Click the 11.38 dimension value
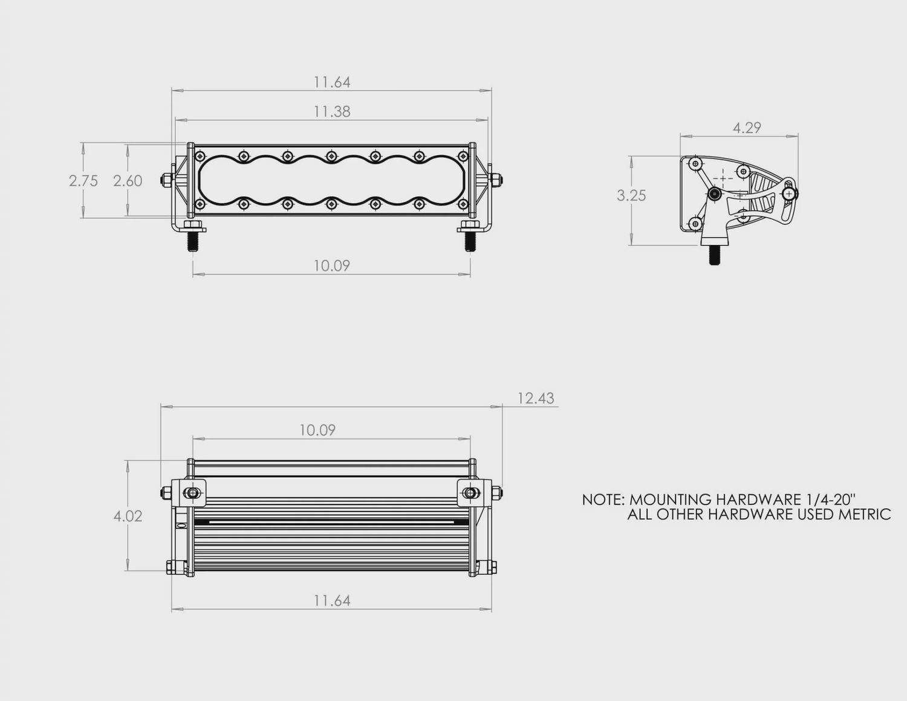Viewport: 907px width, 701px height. [x=332, y=111]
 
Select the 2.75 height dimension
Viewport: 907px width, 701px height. [x=83, y=181]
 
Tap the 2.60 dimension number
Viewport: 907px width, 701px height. [x=128, y=181]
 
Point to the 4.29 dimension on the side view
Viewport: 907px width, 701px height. [x=746, y=128]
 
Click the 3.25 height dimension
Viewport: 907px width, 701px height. [x=631, y=195]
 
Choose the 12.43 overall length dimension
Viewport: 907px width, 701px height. [x=536, y=399]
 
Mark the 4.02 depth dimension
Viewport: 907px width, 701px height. [x=128, y=516]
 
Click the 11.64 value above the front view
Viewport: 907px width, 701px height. [x=332, y=82]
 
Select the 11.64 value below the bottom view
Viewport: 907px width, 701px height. [x=332, y=601]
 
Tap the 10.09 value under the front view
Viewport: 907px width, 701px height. [x=331, y=266]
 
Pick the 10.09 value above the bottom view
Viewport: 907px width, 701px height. [x=317, y=430]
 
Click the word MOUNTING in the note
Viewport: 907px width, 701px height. [x=670, y=500]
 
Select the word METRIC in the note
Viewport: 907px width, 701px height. [x=865, y=515]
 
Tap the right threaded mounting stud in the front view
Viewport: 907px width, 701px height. [x=469, y=241]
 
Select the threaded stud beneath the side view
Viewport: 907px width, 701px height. [x=714, y=255]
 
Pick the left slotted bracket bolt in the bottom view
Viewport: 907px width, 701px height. [x=192, y=493]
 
